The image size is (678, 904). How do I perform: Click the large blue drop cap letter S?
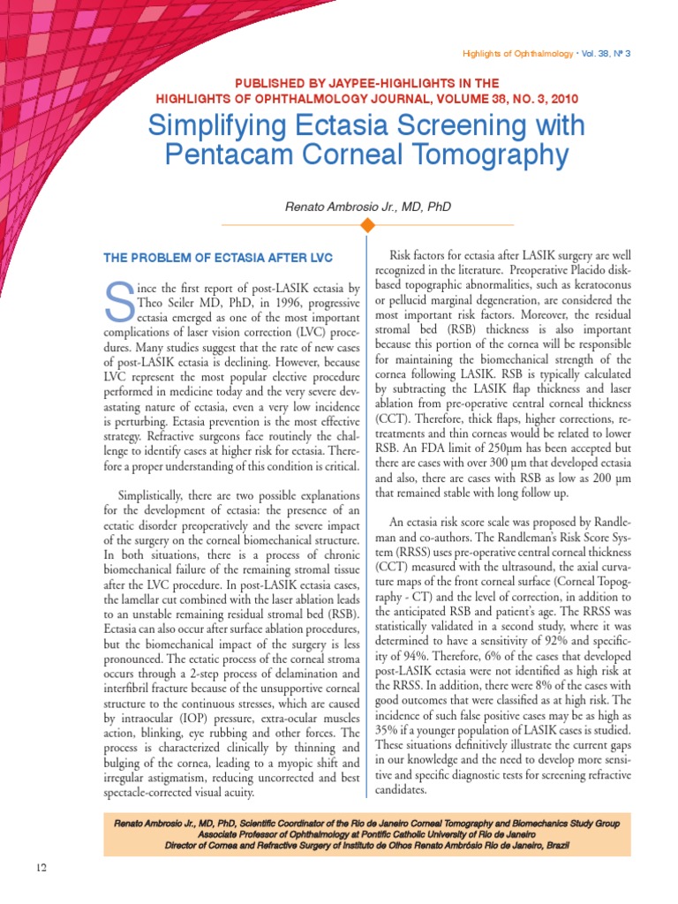pos(119,301)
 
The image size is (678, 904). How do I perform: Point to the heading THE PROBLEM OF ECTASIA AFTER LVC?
pos(218,258)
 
